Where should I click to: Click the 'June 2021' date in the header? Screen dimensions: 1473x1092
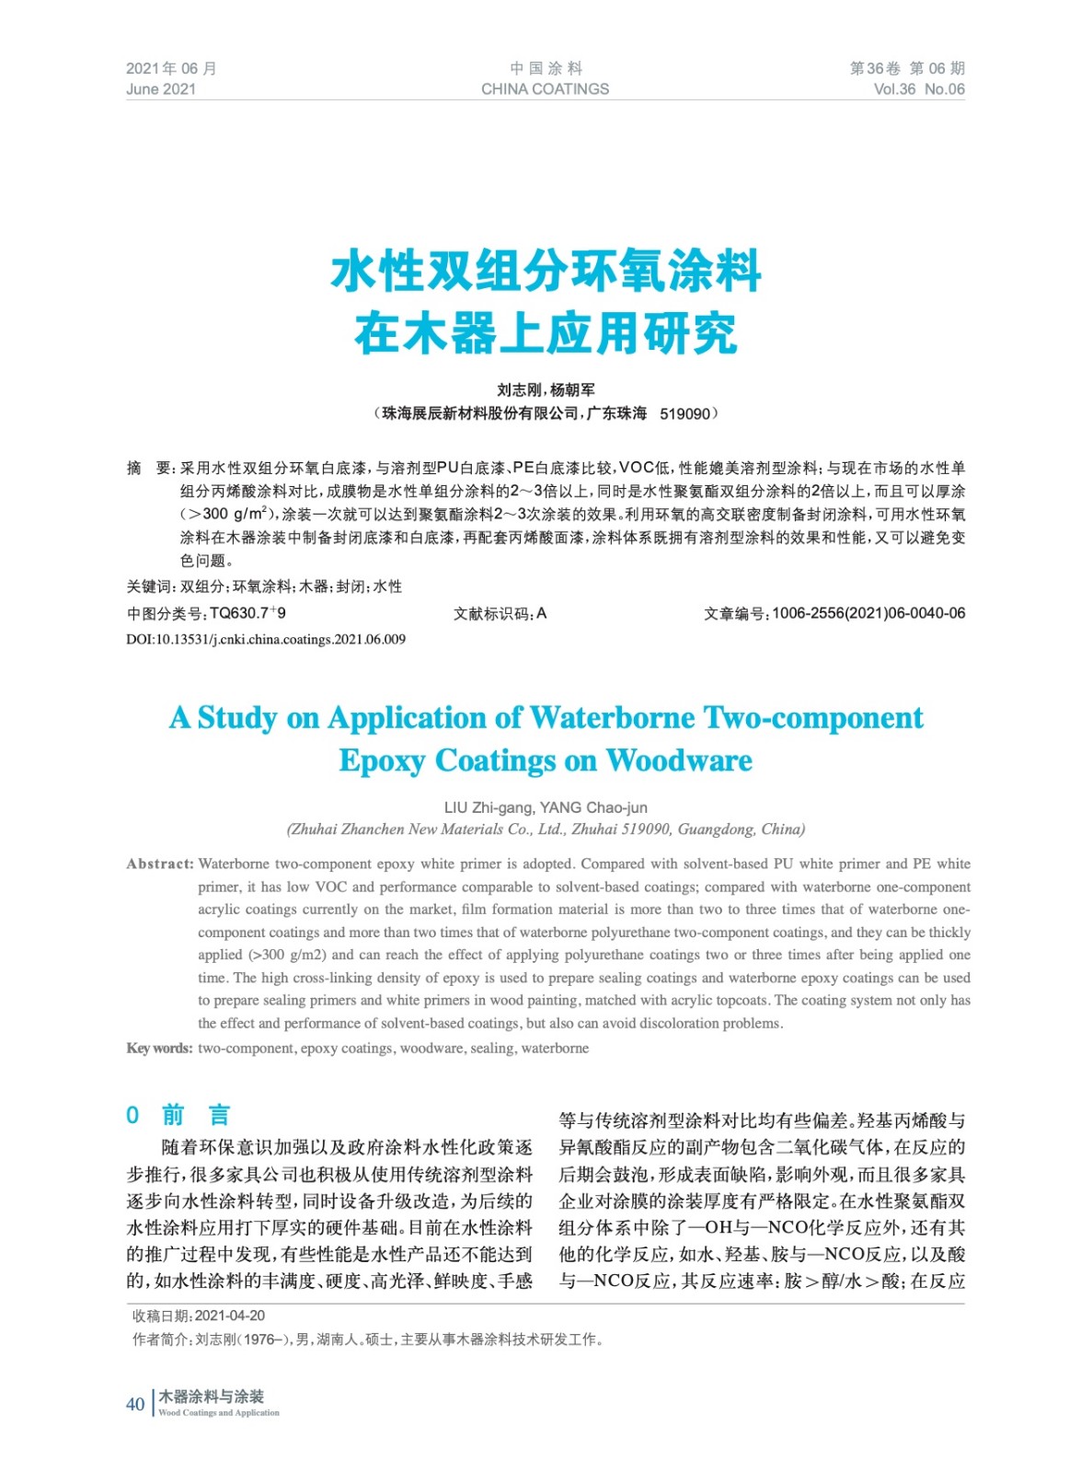click(x=161, y=89)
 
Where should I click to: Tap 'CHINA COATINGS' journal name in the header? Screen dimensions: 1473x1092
click(x=545, y=89)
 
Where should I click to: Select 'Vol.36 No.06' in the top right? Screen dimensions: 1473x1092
click(x=918, y=89)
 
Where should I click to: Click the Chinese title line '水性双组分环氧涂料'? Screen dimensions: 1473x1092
click(x=546, y=272)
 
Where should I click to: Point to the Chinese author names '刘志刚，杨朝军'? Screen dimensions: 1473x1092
click(x=546, y=390)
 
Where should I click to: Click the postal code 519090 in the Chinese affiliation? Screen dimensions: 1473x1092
click(x=684, y=414)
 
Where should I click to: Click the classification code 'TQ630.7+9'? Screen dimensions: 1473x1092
click(x=247, y=613)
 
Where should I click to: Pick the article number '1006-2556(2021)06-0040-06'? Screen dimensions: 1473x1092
click(x=868, y=613)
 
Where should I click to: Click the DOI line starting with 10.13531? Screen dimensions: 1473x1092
click(x=266, y=639)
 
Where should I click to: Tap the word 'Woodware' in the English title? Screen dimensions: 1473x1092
click(x=679, y=760)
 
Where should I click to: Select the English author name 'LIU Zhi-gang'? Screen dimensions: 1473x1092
click(x=488, y=807)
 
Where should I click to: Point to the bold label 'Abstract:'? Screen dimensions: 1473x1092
click(x=160, y=864)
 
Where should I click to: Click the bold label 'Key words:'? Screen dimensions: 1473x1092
click(x=159, y=1049)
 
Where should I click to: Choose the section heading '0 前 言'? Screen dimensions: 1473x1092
click(x=178, y=1116)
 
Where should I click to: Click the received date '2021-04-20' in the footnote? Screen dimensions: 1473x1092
click(x=230, y=1316)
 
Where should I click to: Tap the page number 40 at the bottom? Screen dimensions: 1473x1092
click(x=135, y=1404)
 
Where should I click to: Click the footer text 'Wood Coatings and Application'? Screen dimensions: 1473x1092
click(x=219, y=1412)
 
